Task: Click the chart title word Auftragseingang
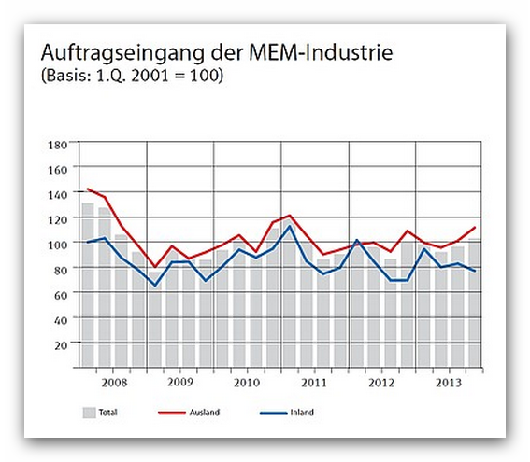coord(123,54)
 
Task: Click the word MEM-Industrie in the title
coord(321,52)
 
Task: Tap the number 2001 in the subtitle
coord(150,76)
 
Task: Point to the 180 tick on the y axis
coord(58,145)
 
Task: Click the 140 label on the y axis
coord(58,195)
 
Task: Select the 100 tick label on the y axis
coord(58,245)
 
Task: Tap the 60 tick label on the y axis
coord(61,295)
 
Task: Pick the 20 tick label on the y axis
coord(61,345)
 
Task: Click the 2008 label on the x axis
coord(114,383)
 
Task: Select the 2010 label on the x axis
coord(247,383)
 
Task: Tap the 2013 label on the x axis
coord(448,383)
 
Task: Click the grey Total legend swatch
coord(89,413)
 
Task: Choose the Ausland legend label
coord(205,413)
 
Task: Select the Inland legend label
coord(302,413)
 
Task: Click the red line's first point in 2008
coord(88,189)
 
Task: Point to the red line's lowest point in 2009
coord(155,267)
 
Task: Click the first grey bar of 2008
coord(88,286)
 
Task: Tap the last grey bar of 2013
coord(474,303)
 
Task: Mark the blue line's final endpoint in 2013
coord(475,271)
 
